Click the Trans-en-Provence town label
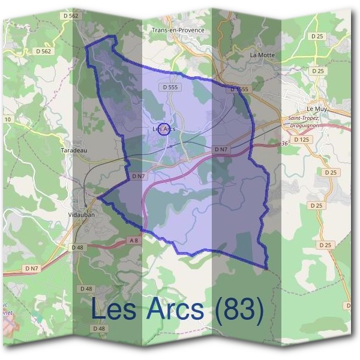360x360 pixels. click(178, 30)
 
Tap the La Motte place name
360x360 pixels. click(262, 55)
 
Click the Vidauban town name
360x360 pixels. click(82, 214)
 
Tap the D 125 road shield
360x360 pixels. click(305, 140)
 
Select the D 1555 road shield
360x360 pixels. click(239, 89)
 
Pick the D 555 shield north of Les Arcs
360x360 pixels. click(170, 87)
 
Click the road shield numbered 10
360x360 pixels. click(8, 120)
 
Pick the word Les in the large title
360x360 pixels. click(113, 310)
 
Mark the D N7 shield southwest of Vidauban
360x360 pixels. click(32, 268)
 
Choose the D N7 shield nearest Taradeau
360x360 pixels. click(139, 176)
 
